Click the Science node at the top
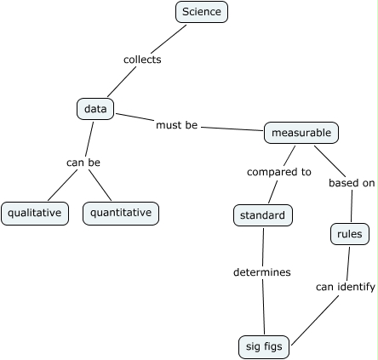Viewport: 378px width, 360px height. (202, 12)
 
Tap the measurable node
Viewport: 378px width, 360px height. (301, 133)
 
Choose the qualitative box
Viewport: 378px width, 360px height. (35, 213)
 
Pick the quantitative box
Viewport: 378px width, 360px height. (121, 213)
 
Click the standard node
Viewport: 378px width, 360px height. (262, 216)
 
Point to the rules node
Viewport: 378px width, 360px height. (349, 234)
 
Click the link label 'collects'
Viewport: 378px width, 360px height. (142, 60)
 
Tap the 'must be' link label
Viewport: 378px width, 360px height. (176, 125)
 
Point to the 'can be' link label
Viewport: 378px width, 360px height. (83, 163)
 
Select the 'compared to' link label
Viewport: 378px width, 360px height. (278, 172)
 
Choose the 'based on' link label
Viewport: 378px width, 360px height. (352, 182)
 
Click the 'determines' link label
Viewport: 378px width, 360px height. (262, 272)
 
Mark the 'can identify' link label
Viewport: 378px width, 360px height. (346, 287)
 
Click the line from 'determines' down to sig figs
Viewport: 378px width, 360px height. (263, 306)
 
